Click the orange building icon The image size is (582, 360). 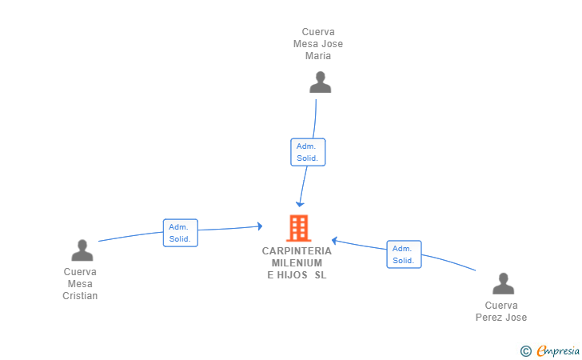pos(298,228)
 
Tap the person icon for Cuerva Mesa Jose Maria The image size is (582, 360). pos(320,82)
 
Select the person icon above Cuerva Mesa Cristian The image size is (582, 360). pos(82,250)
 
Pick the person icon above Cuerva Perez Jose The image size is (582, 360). pos(502,284)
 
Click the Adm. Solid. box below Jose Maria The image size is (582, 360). pos(307,152)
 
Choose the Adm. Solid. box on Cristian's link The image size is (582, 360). pos(180,233)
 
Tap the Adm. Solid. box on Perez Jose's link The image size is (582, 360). pos(404,254)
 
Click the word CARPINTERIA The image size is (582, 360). pos(297,250)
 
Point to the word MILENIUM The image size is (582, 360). pos(297,262)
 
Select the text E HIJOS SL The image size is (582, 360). pos(297,275)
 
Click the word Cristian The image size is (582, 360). pos(80,296)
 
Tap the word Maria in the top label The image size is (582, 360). pos(318,56)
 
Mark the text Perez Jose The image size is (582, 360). pos(501,318)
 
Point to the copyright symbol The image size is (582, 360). pos(526,350)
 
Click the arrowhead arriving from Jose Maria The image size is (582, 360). pos(300,204)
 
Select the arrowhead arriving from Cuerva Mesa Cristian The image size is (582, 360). pos(259,226)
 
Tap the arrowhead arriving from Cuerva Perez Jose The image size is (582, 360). pos(336,240)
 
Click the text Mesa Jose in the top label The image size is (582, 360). pos(318,44)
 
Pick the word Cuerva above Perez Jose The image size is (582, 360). pos(501,306)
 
